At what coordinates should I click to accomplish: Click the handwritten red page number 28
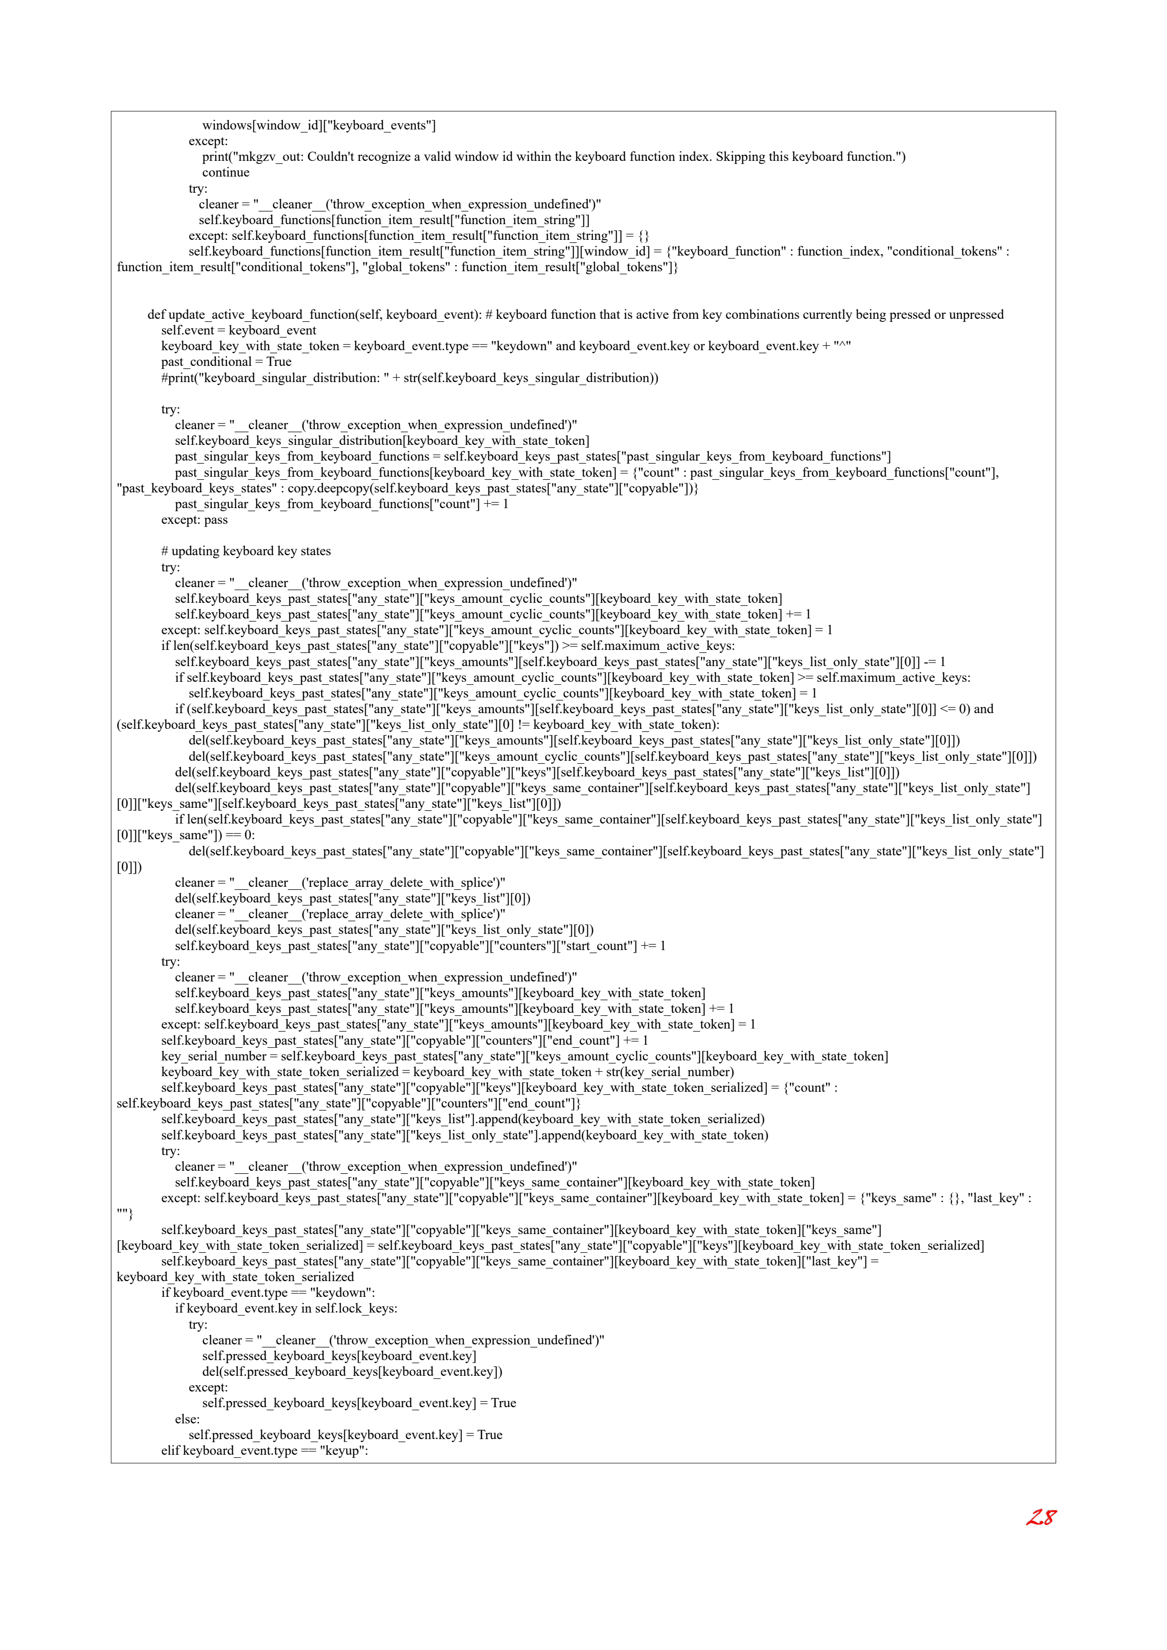coord(1040,1518)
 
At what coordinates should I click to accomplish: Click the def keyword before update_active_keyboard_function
coord(156,315)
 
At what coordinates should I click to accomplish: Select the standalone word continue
coord(226,173)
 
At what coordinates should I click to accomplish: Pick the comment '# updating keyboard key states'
coord(246,551)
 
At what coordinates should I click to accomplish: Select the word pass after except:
coord(216,519)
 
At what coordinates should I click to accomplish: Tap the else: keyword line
coord(187,1418)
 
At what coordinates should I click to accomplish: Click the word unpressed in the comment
coord(975,315)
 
